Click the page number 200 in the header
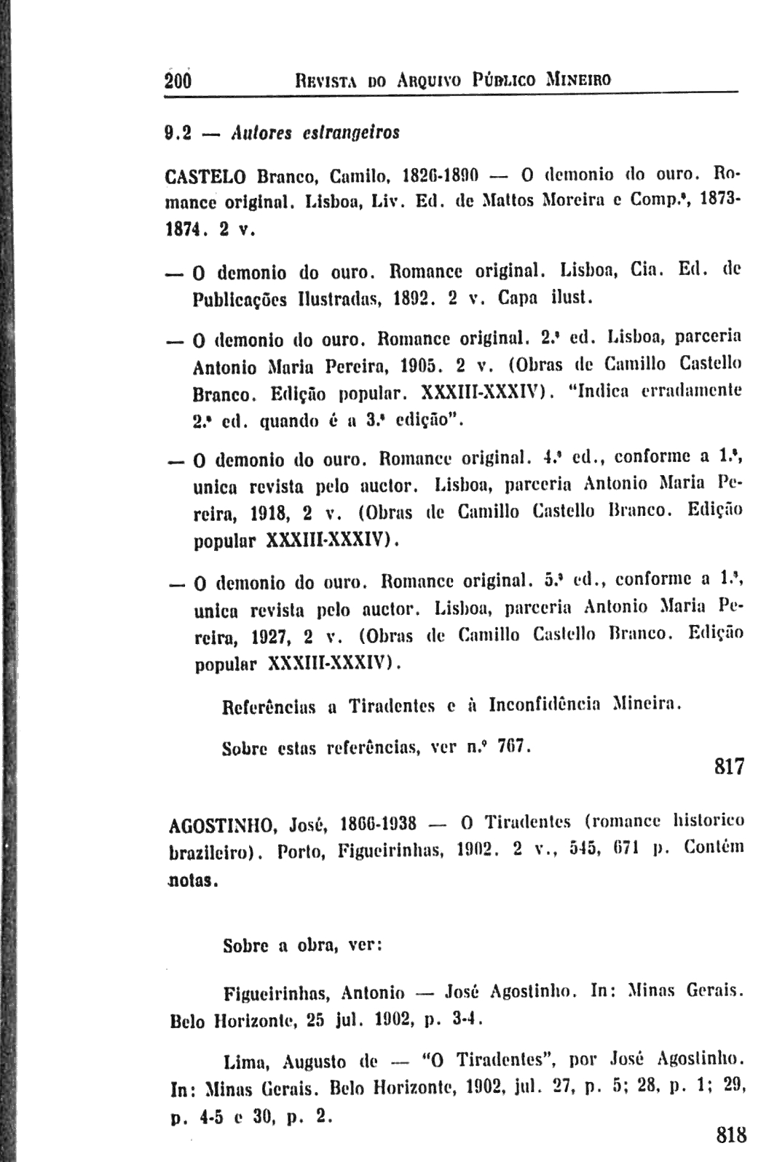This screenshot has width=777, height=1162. click(x=178, y=79)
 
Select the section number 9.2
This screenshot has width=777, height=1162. click(x=177, y=133)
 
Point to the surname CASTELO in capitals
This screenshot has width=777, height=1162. click(x=208, y=176)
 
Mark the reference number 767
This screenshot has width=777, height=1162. click(x=518, y=747)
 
